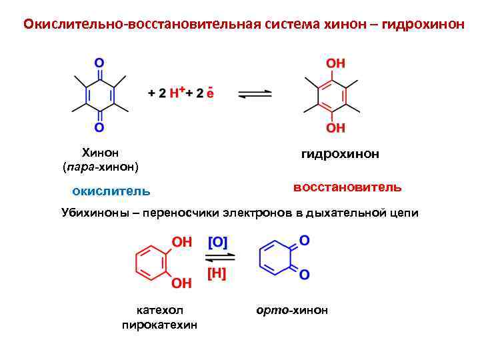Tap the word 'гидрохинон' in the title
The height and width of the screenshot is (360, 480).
(419, 24)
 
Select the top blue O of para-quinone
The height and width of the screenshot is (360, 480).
(99, 63)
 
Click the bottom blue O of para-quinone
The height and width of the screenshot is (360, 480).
(99, 127)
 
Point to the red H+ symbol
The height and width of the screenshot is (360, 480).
(177, 93)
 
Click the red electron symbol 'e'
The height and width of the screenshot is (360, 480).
(210, 93)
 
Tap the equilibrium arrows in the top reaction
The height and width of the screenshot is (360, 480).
(255, 93)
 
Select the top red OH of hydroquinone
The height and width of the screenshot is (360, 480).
(335, 63)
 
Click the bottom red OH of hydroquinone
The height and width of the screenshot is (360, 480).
(335, 127)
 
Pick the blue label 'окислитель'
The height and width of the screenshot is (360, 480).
(111, 191)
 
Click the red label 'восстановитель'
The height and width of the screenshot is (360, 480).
(347, 187)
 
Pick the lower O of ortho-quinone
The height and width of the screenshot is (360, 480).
(304, 274)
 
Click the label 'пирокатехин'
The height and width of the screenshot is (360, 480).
(159, 325)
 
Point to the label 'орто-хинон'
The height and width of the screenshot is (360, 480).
(292, 310)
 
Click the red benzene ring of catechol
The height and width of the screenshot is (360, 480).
(151, 262)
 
